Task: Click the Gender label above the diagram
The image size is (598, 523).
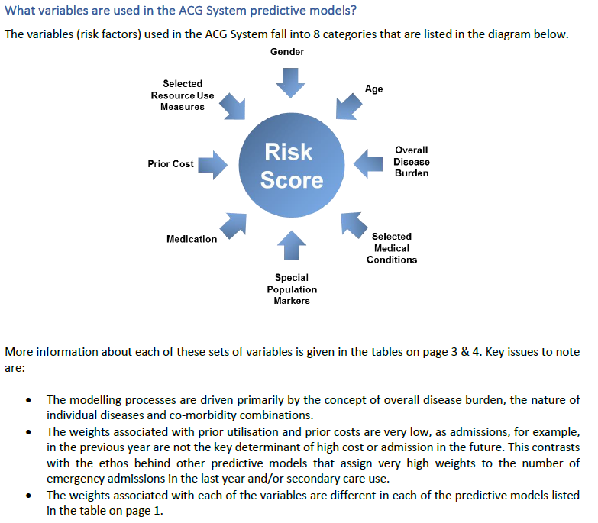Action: click(x=287, y=52)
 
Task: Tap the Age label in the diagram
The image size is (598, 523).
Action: click(x=373, y=89)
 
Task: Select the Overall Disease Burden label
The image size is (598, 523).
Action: click(x=411, y=162)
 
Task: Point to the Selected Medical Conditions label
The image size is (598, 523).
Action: click(x=392, y=248)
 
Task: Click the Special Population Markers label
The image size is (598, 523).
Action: click(x=292, y=289)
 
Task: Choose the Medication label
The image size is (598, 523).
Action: click(x=192, y=239)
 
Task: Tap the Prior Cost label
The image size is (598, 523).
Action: click(x=171, y=164)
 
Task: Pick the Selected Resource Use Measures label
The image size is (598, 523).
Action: click(x=183, y=95)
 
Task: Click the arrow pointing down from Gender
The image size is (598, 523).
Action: click(x=290, y=81)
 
